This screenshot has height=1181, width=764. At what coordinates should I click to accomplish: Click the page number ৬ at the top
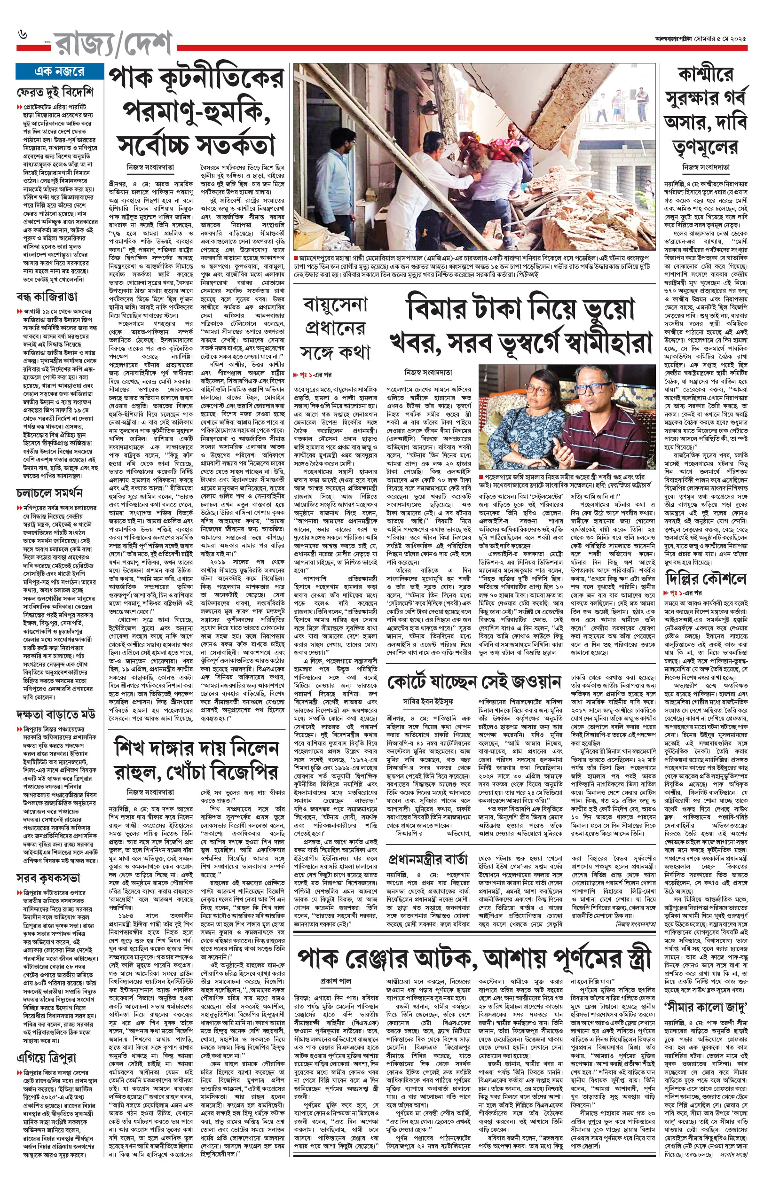click(22, 34)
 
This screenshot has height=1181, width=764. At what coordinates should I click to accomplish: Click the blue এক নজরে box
click(59, 71)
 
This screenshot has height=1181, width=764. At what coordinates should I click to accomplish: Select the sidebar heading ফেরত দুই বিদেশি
click(55, 92)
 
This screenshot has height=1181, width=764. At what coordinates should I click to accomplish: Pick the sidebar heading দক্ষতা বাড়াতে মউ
click(55, 714)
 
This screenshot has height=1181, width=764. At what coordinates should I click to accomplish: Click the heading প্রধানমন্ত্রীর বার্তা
click(428, 859)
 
